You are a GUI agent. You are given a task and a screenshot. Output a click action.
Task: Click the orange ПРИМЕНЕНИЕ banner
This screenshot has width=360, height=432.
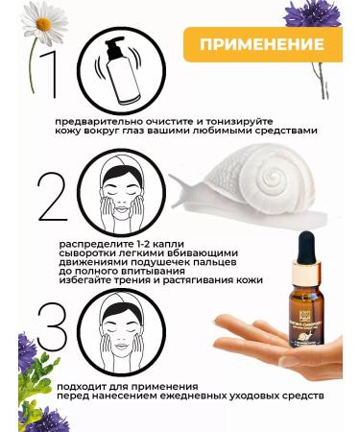click(262, 45)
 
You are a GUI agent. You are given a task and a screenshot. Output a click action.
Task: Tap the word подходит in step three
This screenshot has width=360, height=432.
click(85, 384)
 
